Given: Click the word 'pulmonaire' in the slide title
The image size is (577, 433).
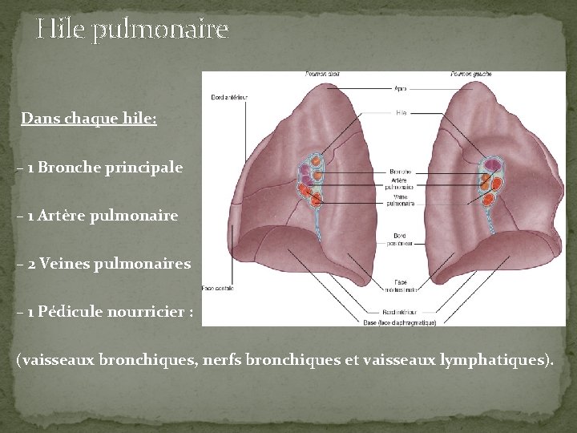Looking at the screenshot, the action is point(160,31).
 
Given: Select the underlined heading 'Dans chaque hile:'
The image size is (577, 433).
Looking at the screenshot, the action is point(89,119).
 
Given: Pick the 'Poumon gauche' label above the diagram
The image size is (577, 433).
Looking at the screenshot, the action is point(471,75).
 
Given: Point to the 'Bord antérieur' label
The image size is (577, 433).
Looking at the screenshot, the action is point(229,98).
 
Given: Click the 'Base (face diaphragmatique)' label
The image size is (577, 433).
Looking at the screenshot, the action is point(401,322).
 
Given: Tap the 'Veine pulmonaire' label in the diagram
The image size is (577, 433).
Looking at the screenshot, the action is point(401,200).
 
